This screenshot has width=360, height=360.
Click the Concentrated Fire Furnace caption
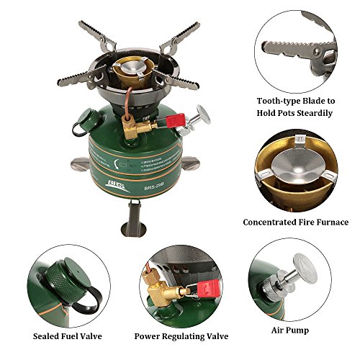(296, 222)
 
